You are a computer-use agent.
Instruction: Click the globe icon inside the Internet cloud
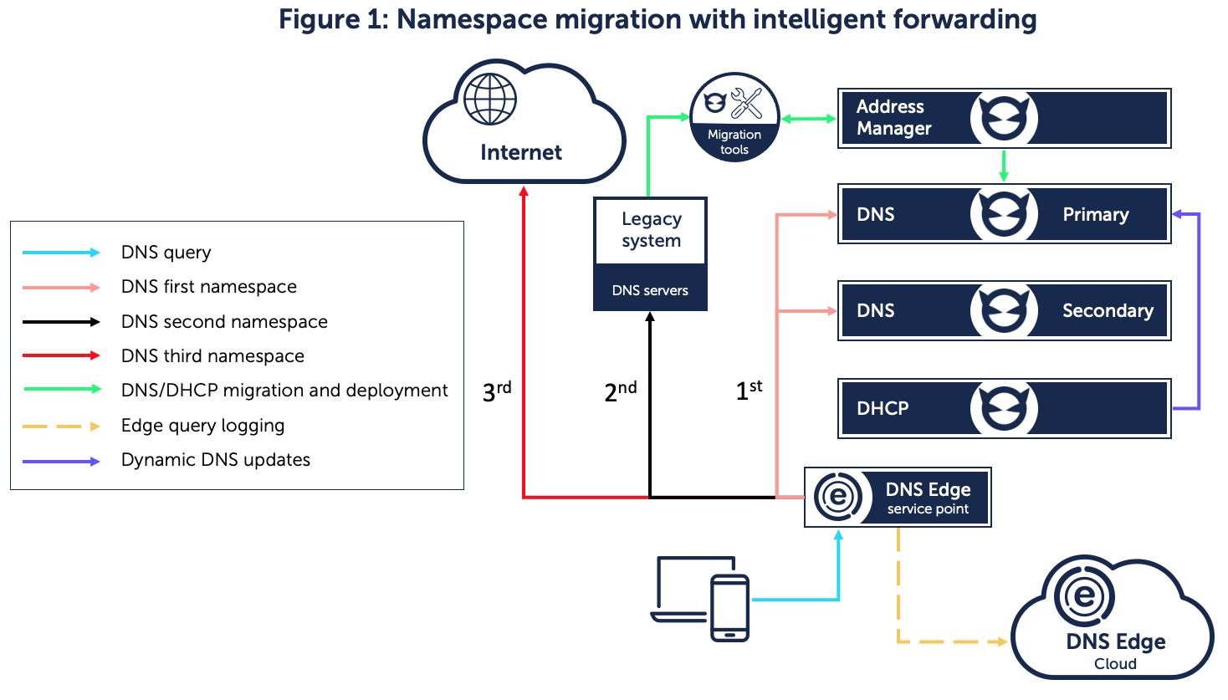tap(490, 100)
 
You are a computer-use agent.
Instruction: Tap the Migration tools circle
tap(734, 118)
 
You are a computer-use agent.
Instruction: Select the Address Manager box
tap(1004, 118)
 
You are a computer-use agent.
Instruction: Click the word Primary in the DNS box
tap(1095, 215)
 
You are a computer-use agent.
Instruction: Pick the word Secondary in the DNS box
tap(1107, 311)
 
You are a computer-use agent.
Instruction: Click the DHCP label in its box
tap(883, 409)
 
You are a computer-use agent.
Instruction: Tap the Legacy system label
tap(651, 230)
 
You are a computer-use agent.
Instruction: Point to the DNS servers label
tap(650, 291)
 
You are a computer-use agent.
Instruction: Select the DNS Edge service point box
tap(898, 498)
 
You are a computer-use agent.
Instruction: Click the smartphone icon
tap(729, 608)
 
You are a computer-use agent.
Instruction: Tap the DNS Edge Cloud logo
tap(1084, 596)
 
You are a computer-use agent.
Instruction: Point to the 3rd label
tap(496, 391)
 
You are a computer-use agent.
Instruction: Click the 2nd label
tap(620, 391)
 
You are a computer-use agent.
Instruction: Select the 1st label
tap(749, 390)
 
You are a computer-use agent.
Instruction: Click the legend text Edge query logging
tap(202, 426)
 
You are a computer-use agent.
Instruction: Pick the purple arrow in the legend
tap(61, 461)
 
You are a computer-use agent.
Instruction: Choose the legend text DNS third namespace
tap(212, 356)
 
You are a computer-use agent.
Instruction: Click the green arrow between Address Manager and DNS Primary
tap(1004, 166)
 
